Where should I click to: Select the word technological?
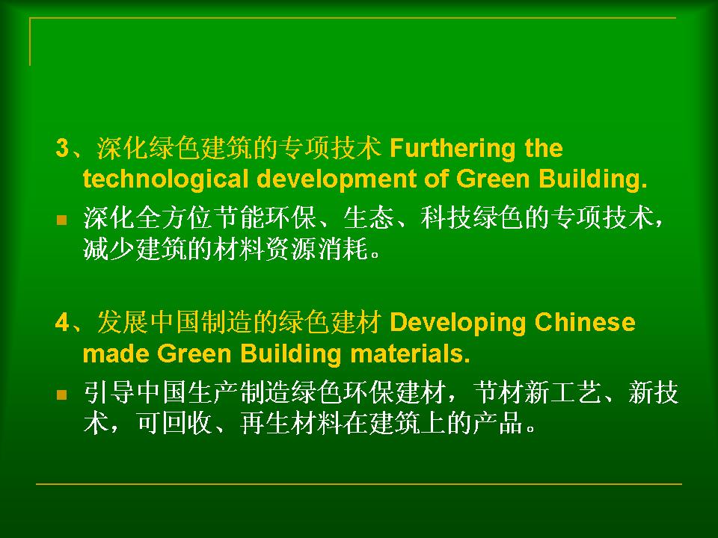pos(165,179)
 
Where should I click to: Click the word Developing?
pos(458,324)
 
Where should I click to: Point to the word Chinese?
pos(585,322)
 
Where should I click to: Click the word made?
pos(116,353)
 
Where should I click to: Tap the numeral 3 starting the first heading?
pos(62,148)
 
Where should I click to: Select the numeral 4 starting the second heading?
pos(62,323)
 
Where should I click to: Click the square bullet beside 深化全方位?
pos(62,220)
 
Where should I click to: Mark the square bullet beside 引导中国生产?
pos(62,395)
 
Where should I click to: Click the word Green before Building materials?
pos(194,353)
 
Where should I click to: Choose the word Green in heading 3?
pos(493,179)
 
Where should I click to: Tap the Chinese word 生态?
pos(369,217)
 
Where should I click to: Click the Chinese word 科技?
pos(447,217)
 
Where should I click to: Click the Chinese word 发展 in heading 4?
pos(122,322)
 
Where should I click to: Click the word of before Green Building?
pos(436,179)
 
